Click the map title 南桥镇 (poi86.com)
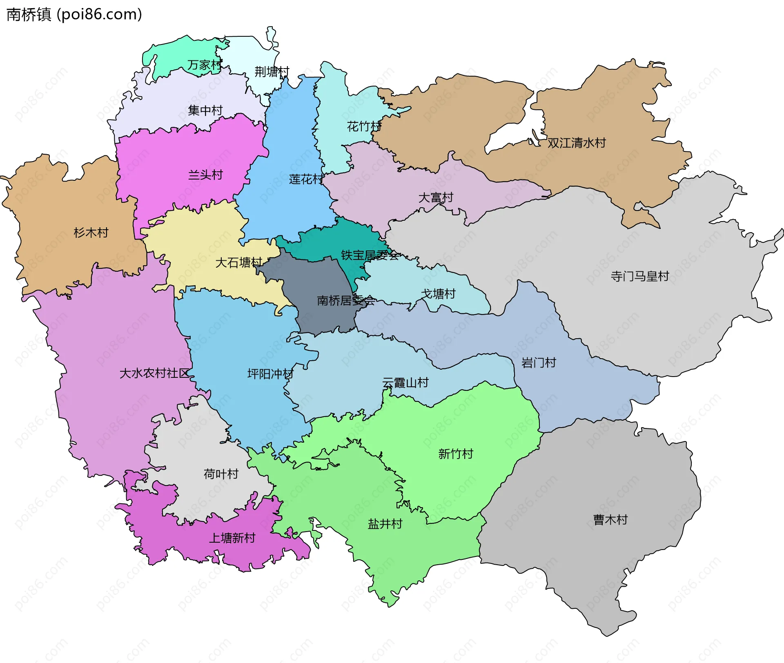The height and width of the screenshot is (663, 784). click(x=74, y=15)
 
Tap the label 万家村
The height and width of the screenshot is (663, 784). click(x=205, y=65)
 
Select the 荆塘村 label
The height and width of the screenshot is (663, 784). click(x=272, y=72)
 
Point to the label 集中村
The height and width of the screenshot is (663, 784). click(x=205, y=110)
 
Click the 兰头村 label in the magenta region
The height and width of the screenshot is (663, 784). click(x=205, y=175)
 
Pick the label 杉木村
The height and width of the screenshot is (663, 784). click(x=91, y=233)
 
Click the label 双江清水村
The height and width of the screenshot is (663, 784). click(x=577, y=143)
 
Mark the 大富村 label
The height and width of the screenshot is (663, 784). click(x=436, y=197)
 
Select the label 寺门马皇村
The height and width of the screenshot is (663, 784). click(x=640, y=276)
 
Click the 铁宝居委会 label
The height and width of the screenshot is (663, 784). click(x=370, y=255)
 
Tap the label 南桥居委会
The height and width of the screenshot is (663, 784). click(x=346, y=301)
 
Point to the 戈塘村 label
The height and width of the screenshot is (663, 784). click(x=438, y=294)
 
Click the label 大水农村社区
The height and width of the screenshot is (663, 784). click(x=154, y=373)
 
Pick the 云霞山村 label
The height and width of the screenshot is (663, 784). click(x=405, y=383)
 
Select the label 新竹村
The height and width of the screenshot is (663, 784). click(x=456, y=454)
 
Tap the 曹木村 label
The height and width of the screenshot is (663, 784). click(x=610, y=520)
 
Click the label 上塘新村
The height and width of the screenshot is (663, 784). click(x=232, y=538)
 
